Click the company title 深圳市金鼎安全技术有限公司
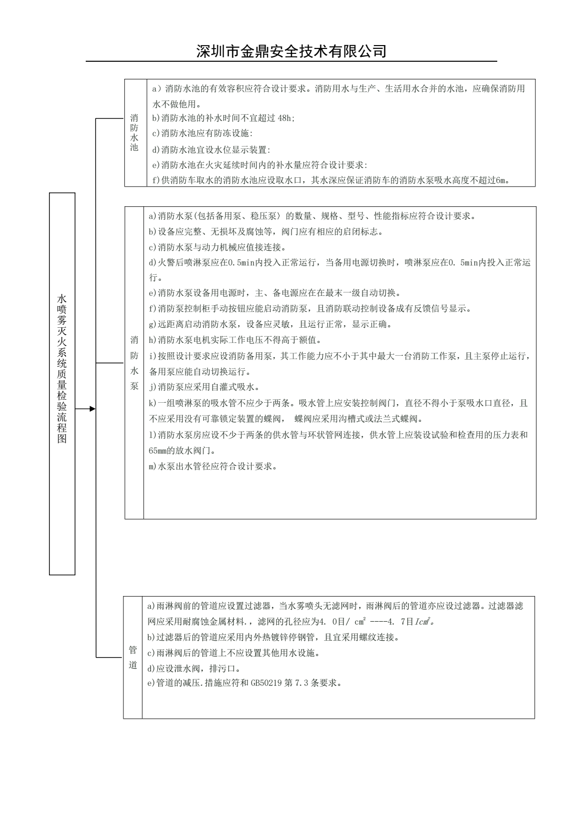(291, 51)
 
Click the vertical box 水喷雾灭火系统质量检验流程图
(62, 383)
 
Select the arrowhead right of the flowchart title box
(92, 409)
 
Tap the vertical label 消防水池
(134, 133)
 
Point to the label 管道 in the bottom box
(133, 657)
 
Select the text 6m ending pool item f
(502, 180)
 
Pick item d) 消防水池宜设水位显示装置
(211, 149)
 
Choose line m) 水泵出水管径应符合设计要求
(213, 466)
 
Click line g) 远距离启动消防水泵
(270, 324)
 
